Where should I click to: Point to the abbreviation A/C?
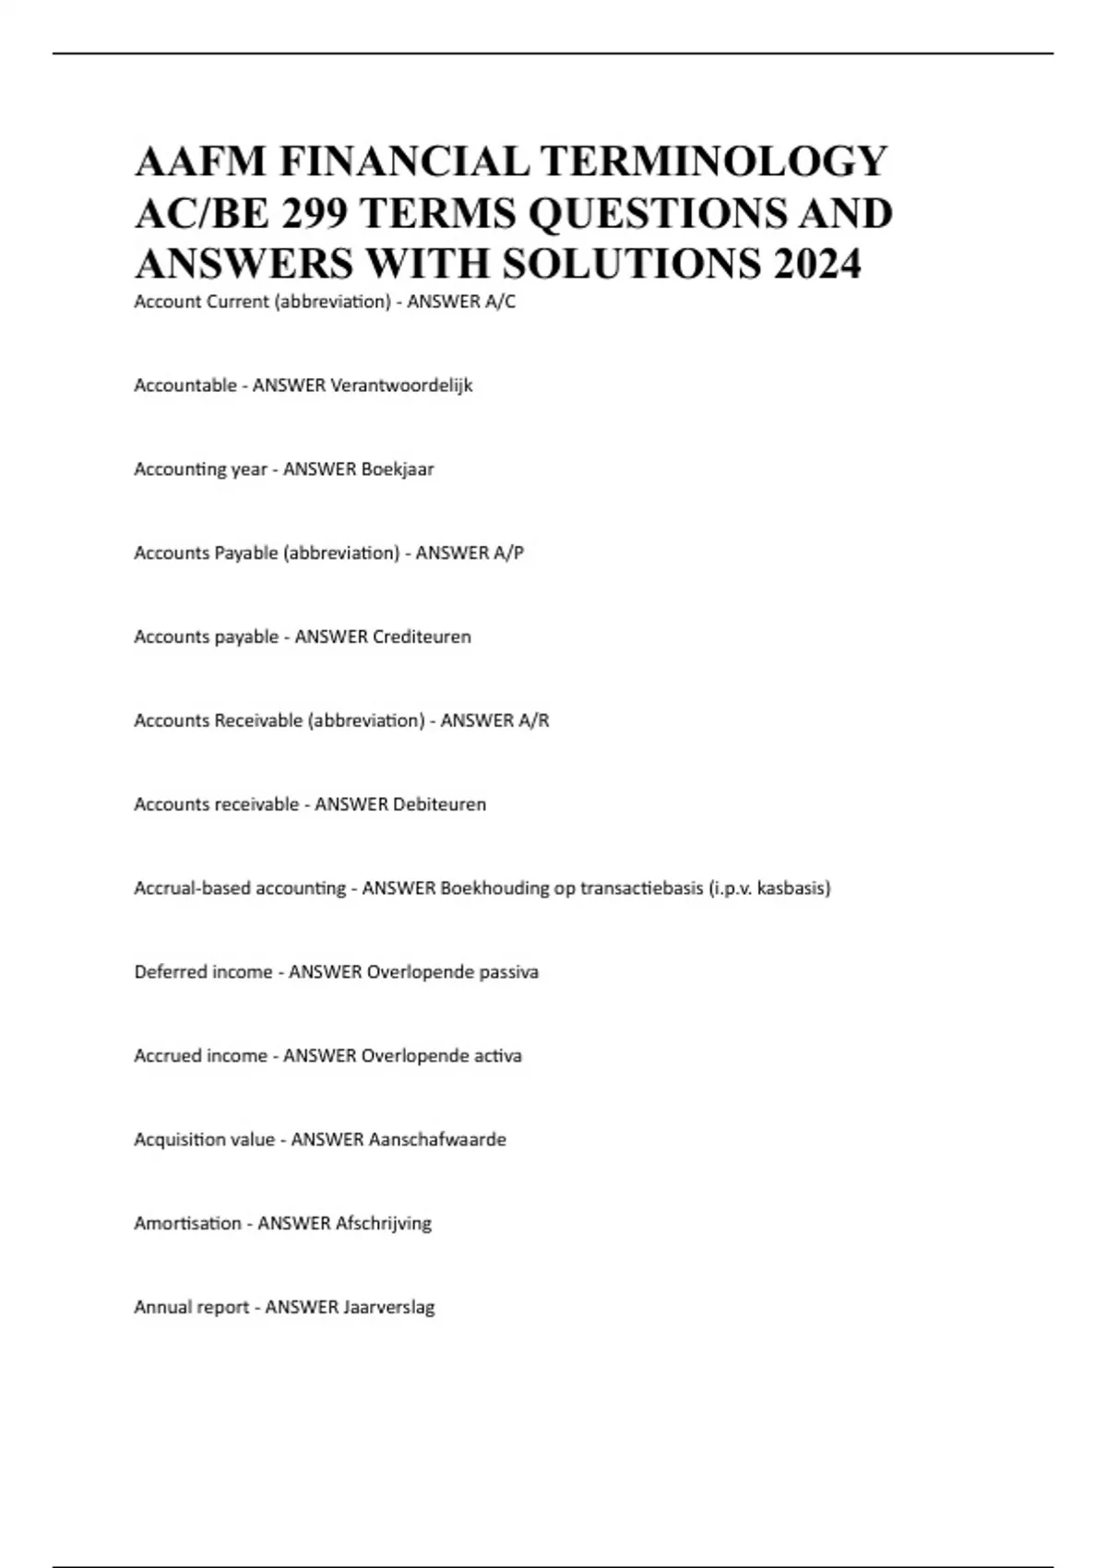coord(500,302)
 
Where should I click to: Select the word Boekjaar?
coord(397,469)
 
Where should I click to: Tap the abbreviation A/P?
coord(508,553)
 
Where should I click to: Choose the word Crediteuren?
coord(422,637)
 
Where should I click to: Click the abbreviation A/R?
coord(533,721)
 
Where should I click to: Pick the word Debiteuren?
coord(439,805)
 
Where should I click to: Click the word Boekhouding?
coord(494,889)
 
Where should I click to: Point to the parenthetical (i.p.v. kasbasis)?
coord(770,889)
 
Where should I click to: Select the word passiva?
coord(508,972)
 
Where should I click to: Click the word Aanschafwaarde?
coord(437,1140)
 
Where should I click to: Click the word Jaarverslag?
coord(388,1308)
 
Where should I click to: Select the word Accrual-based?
coord(192,889)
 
